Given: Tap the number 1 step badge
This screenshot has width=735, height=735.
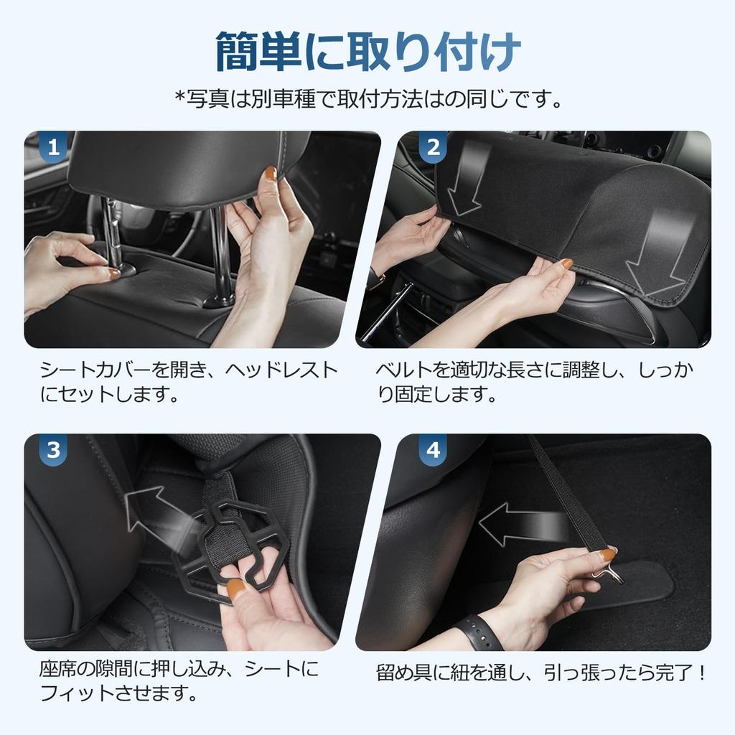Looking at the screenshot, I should [x=52, y=148].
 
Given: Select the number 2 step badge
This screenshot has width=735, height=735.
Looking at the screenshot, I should [x=433, y=148].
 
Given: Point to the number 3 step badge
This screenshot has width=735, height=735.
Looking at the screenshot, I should [x=52, y=451].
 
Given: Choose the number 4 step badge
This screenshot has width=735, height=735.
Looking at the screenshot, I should [x=433, y=451].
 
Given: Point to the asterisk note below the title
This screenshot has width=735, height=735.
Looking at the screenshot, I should [x=367, y=98].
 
